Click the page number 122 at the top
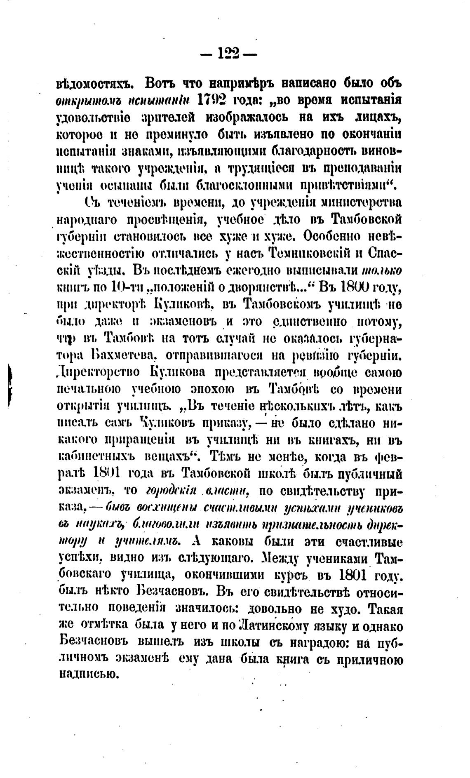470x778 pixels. click(228, 53)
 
